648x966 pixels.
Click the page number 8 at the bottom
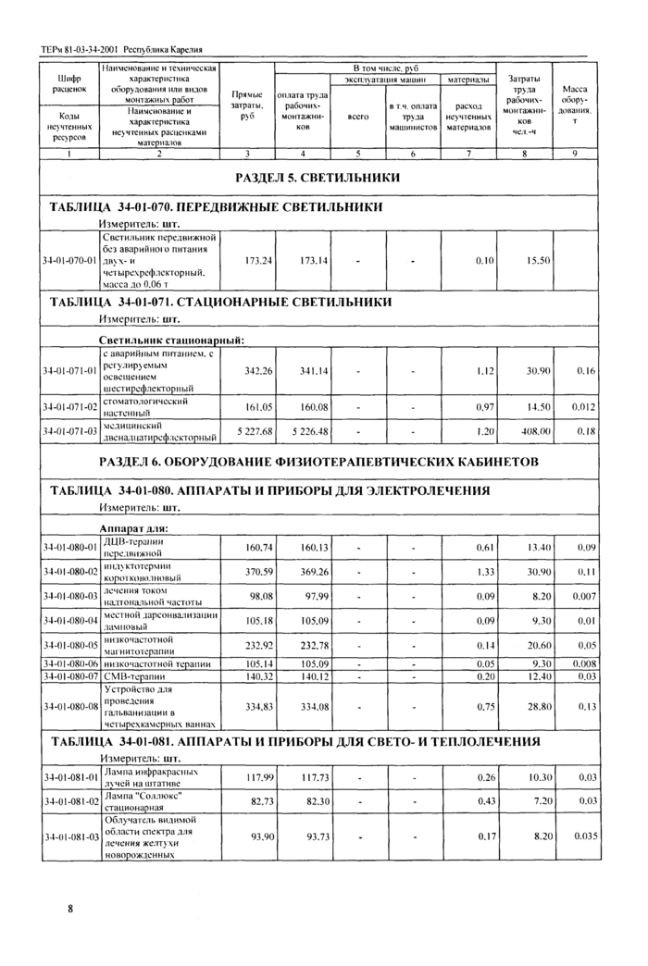[70, 910]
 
